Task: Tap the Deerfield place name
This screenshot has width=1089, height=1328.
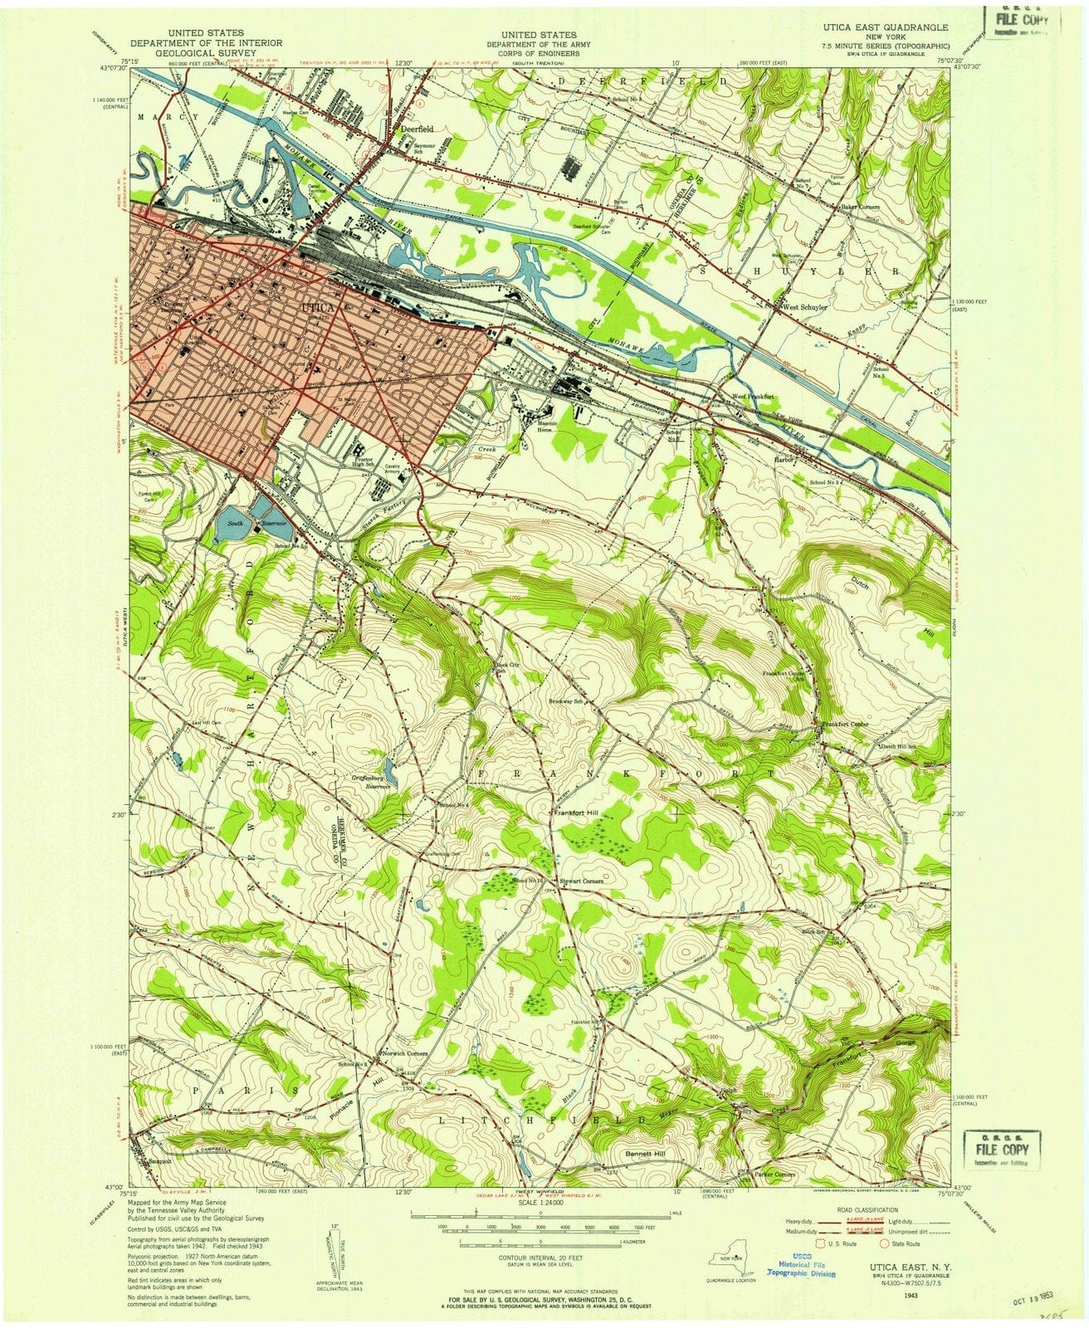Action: [x=414, y=129]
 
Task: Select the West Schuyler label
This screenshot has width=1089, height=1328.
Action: [x=804, y=306]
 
